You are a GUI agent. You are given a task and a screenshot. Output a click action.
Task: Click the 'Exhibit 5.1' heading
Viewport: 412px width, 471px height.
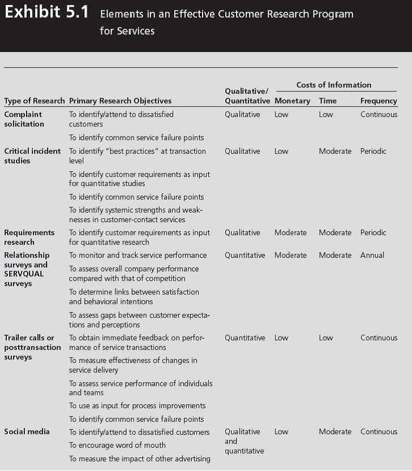[x=46, y=13]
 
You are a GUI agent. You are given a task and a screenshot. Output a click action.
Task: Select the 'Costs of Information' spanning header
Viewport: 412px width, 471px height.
[x=334, y=85]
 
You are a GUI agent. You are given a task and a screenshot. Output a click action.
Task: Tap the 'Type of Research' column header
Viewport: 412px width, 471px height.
[x=34, y=101]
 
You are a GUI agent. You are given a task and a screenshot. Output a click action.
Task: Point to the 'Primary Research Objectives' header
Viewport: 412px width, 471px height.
[x=120, y=101]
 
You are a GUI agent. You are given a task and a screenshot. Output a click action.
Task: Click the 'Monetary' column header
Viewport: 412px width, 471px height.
[x=292, y=101]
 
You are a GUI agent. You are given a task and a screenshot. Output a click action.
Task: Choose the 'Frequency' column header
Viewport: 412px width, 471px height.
[x=379, y=101]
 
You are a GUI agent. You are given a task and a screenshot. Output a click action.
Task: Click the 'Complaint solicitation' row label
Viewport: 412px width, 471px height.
[x=24, y=119]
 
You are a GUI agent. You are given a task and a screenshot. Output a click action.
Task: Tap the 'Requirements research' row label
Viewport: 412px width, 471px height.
[x=29, y=237]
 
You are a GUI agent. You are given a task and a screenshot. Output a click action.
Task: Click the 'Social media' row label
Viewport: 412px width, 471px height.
[x=27, y=432]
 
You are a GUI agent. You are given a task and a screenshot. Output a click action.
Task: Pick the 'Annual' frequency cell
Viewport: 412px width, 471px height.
[x=372, y=256]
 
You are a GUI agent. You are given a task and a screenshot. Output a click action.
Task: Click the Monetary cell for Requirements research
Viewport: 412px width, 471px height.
[x=290, y=233]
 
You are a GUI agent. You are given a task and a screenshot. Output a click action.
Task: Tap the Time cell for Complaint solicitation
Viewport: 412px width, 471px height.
[x=326, y=115]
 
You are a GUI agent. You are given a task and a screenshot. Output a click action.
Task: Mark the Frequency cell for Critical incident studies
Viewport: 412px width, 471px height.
[x=373, y=152]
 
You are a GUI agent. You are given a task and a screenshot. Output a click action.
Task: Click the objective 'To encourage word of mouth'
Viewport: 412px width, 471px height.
[x=117, y=446]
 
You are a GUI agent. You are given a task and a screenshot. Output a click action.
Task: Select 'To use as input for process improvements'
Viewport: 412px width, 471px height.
[x=137, y=406]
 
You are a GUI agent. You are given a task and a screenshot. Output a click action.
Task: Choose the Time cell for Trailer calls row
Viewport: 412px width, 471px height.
[x=326, y=338]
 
